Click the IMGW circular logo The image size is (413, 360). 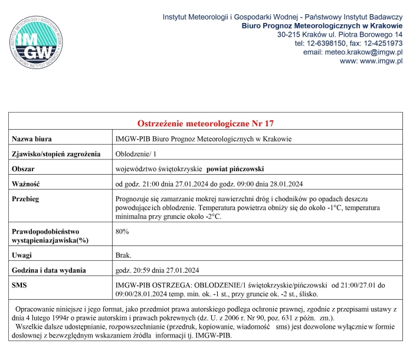(x=34, y=42)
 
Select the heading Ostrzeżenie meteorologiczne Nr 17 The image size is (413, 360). (x=206, y=124)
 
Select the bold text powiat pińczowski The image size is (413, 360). (x=235, y=168)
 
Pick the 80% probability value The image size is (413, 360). (x=122, y=231)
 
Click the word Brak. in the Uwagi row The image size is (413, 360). (x=123, y=256)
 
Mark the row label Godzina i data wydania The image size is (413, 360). (x=49, y=270)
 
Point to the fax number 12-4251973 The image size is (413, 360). (x=382, y=43)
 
